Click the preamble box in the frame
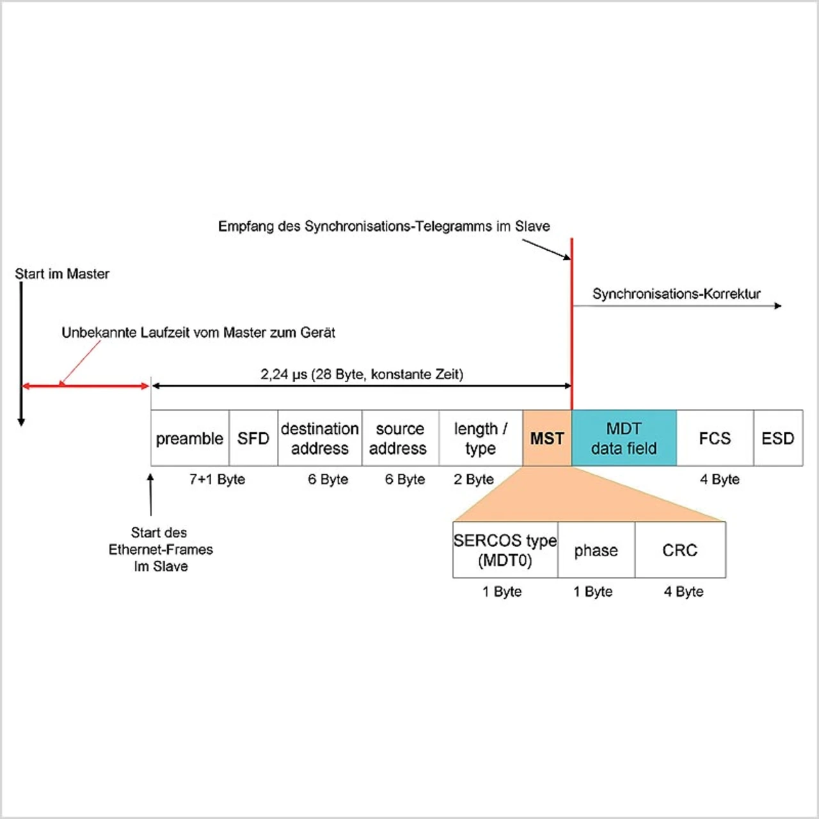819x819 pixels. [x=189, y=438]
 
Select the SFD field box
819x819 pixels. [x=253, y=438]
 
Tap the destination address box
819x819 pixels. [x=319, y=438]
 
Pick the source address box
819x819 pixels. [x=399, y=438]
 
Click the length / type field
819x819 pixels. [x=481, y=438]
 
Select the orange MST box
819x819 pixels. [x=547, y=438]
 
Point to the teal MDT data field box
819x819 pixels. [x=624, y=438]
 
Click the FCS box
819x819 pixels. [x=715, y=438]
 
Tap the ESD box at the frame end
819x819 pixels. [x=778, y=438]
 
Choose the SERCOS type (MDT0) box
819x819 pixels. [x=505, y=550]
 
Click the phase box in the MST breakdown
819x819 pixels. [x=596, y=550]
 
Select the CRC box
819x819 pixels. [x=680, y=550]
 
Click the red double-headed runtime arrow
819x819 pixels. [x=86, y=386]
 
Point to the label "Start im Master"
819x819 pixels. [x=62, y=274]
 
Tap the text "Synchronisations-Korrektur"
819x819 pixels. [x=676, y=294]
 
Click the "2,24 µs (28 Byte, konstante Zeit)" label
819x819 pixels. [x=362, y=374]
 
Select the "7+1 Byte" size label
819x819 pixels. [x=217, y=479]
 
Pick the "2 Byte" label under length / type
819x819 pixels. [x=473, y=479]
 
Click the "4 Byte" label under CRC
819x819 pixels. [x=683, y=592]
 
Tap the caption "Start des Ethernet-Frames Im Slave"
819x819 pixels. [x=161, y=550]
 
